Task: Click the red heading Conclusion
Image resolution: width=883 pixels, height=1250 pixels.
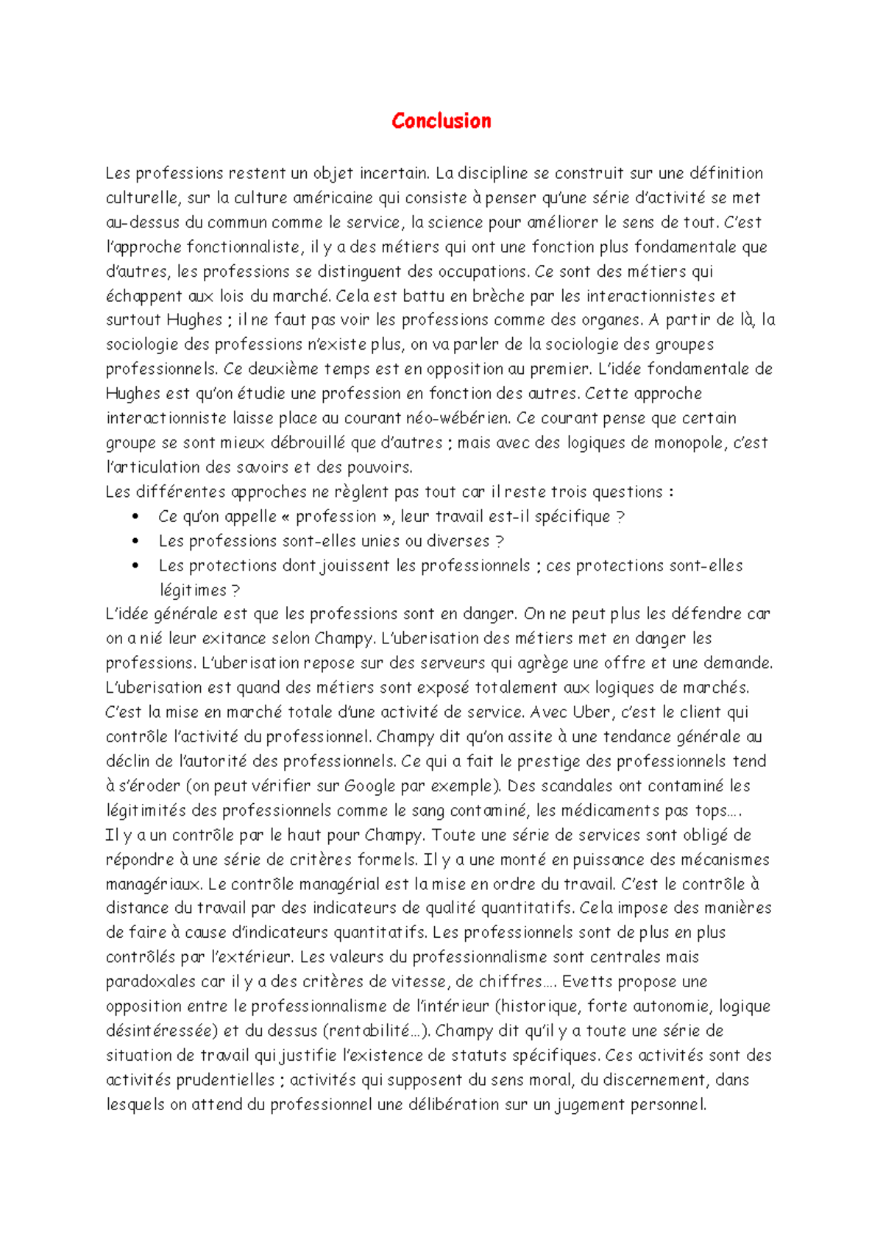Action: pyautogui.click(x=441, y=121)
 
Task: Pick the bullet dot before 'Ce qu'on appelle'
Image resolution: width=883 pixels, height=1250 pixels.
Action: pyautogui.click(x=135, y=517)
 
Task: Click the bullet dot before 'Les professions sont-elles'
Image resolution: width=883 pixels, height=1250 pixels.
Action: pyautogui.click(x=135, y=541)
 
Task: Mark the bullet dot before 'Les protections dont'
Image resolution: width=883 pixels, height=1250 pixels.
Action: pyautogui.click(x=135, y=566)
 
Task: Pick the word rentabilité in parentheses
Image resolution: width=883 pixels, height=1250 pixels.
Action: pyautogui.click(x=370, y=1031)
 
